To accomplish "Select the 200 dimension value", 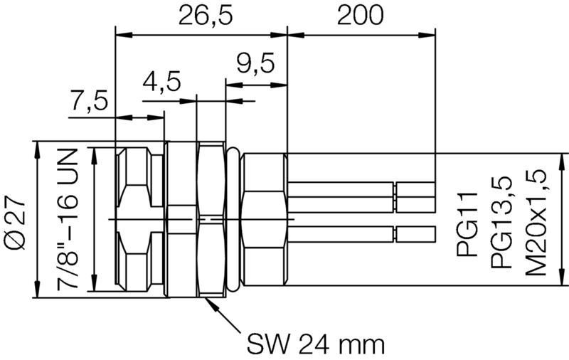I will (361, 16).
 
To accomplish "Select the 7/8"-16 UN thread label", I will (69, 221).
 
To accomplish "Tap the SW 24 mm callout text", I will (315, 344).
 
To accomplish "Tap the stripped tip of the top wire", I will (415, 189).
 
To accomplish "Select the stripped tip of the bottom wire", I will (415, 233).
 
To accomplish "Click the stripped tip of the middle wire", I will (415, 204).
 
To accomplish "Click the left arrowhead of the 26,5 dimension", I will (122, 33).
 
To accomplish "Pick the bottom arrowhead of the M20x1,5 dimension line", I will (562, 279).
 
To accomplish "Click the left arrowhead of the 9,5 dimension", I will (231, 83).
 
